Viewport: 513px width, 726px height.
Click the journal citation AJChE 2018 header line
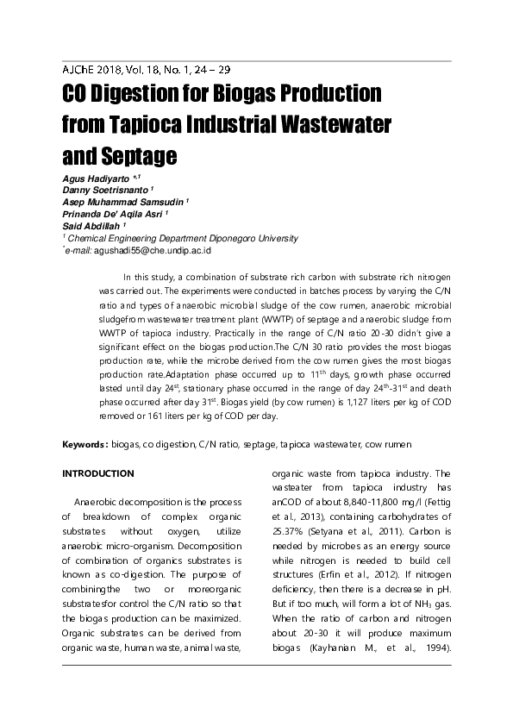[x=147, y=70]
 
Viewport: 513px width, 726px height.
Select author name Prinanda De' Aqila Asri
[x=113, y=214]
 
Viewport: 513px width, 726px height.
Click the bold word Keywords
[x=84, y=444]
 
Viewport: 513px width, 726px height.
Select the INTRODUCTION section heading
[x=98, y=473]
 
